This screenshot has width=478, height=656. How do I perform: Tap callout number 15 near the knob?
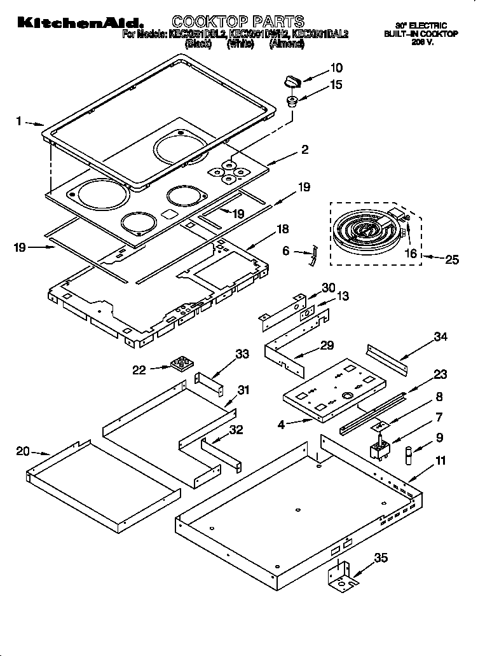point(337,84)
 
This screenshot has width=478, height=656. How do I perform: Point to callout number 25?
point(451,259)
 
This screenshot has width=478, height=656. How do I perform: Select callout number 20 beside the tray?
point(23,451)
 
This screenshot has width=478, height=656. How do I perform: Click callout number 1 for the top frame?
point(19,120)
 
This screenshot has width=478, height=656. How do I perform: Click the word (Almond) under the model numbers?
point(286,45)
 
